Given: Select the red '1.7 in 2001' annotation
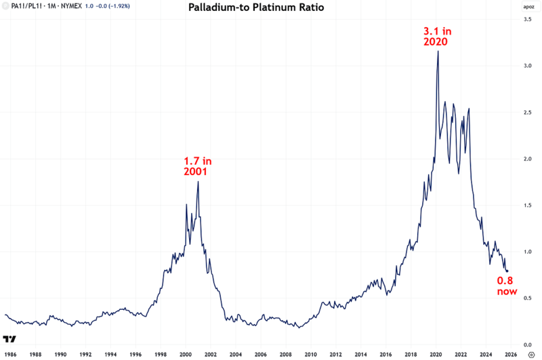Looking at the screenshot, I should [x=198, y=166].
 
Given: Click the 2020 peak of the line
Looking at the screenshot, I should [x=438, y=52].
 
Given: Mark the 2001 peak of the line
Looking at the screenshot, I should [x=198, y=182].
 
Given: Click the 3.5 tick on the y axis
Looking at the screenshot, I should [x=526, y=20].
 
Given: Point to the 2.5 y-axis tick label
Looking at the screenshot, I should [x=526, y=113].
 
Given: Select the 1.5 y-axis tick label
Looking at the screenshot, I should [x=526, y=205].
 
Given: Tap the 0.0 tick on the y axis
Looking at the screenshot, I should [x=526, y=344].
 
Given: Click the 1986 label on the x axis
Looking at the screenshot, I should [x=10, y=354].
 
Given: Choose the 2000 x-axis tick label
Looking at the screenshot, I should [x=185, y=354].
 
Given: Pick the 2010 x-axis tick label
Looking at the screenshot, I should [x=310, y=354].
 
